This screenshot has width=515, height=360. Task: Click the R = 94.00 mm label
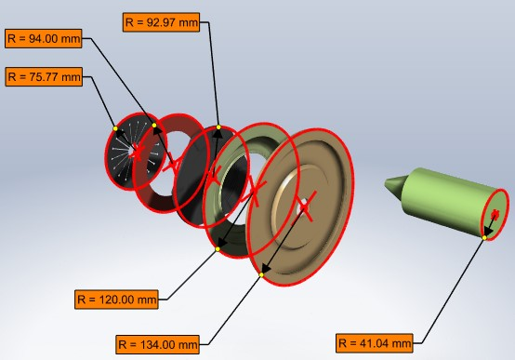[x=44, y=38]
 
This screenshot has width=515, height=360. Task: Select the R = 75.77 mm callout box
[x=44, y=77]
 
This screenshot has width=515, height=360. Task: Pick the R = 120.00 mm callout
[x=117, y=299]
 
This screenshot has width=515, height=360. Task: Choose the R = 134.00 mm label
[x=159, y=343]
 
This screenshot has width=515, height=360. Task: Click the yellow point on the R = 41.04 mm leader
[x=486, y=238]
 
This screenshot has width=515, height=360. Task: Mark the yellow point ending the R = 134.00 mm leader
[x=262, y=274]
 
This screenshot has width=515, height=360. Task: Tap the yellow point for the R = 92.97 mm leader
[x=218, y=127]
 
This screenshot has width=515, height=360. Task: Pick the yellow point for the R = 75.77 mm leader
[x=114, y=127]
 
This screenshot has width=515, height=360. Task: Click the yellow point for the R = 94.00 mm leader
[x=154, y=125]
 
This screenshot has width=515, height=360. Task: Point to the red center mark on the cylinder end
[x=495, y=216]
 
